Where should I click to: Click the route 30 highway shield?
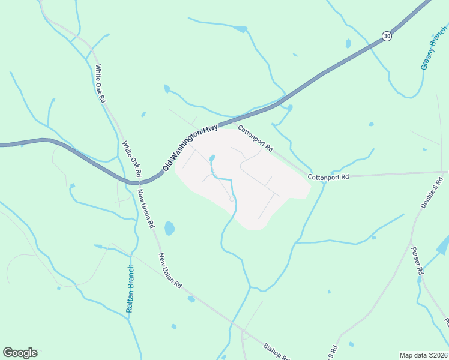[x=387, y=37]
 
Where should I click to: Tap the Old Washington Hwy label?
[x=190, y=145]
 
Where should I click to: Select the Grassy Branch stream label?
[x=434, y=49]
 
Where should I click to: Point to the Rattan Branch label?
[x=130, y=288]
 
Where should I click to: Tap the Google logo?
[x=20, y=353]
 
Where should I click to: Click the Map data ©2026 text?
[x=423, y=355]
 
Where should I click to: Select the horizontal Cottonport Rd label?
[x=328, y=178]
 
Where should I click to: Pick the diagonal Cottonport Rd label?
[x=255, y=138]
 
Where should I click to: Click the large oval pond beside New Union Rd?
[x=169, y=228]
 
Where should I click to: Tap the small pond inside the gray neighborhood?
[x=212, y=158]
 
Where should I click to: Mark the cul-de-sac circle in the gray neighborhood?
[x=232, y=199]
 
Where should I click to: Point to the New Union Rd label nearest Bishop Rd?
[x=170, y=271]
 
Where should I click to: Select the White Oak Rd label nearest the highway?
[x=131, y=158]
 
